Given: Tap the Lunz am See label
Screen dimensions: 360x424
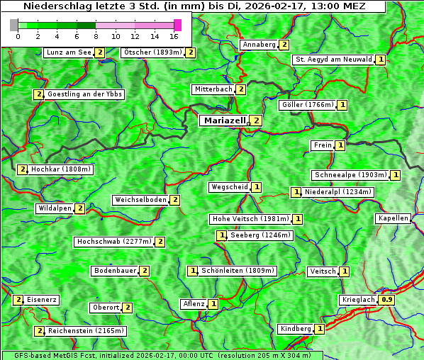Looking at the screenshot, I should (69, 52).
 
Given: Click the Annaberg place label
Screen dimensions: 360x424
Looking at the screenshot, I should (259, 45).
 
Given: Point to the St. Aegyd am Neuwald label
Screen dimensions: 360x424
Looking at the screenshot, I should (333, 60).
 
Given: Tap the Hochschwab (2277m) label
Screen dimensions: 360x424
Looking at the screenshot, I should (114, 242).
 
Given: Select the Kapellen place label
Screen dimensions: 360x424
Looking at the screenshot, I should (393, 218).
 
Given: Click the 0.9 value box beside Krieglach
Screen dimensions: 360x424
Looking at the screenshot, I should (386, 300).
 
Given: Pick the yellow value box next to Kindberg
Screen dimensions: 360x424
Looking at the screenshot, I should (320, 329).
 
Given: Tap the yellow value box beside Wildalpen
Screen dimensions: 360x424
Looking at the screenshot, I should (80, 208).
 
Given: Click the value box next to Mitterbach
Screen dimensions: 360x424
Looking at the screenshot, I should (241, 89).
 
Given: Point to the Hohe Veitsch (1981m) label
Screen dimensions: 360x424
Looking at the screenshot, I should (251, 219).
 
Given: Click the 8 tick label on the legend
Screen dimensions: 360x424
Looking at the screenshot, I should (96, 36).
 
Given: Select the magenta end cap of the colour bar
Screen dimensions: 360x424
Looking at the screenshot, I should (177, 25).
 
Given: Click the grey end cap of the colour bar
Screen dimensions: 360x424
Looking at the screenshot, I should (14, 25).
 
